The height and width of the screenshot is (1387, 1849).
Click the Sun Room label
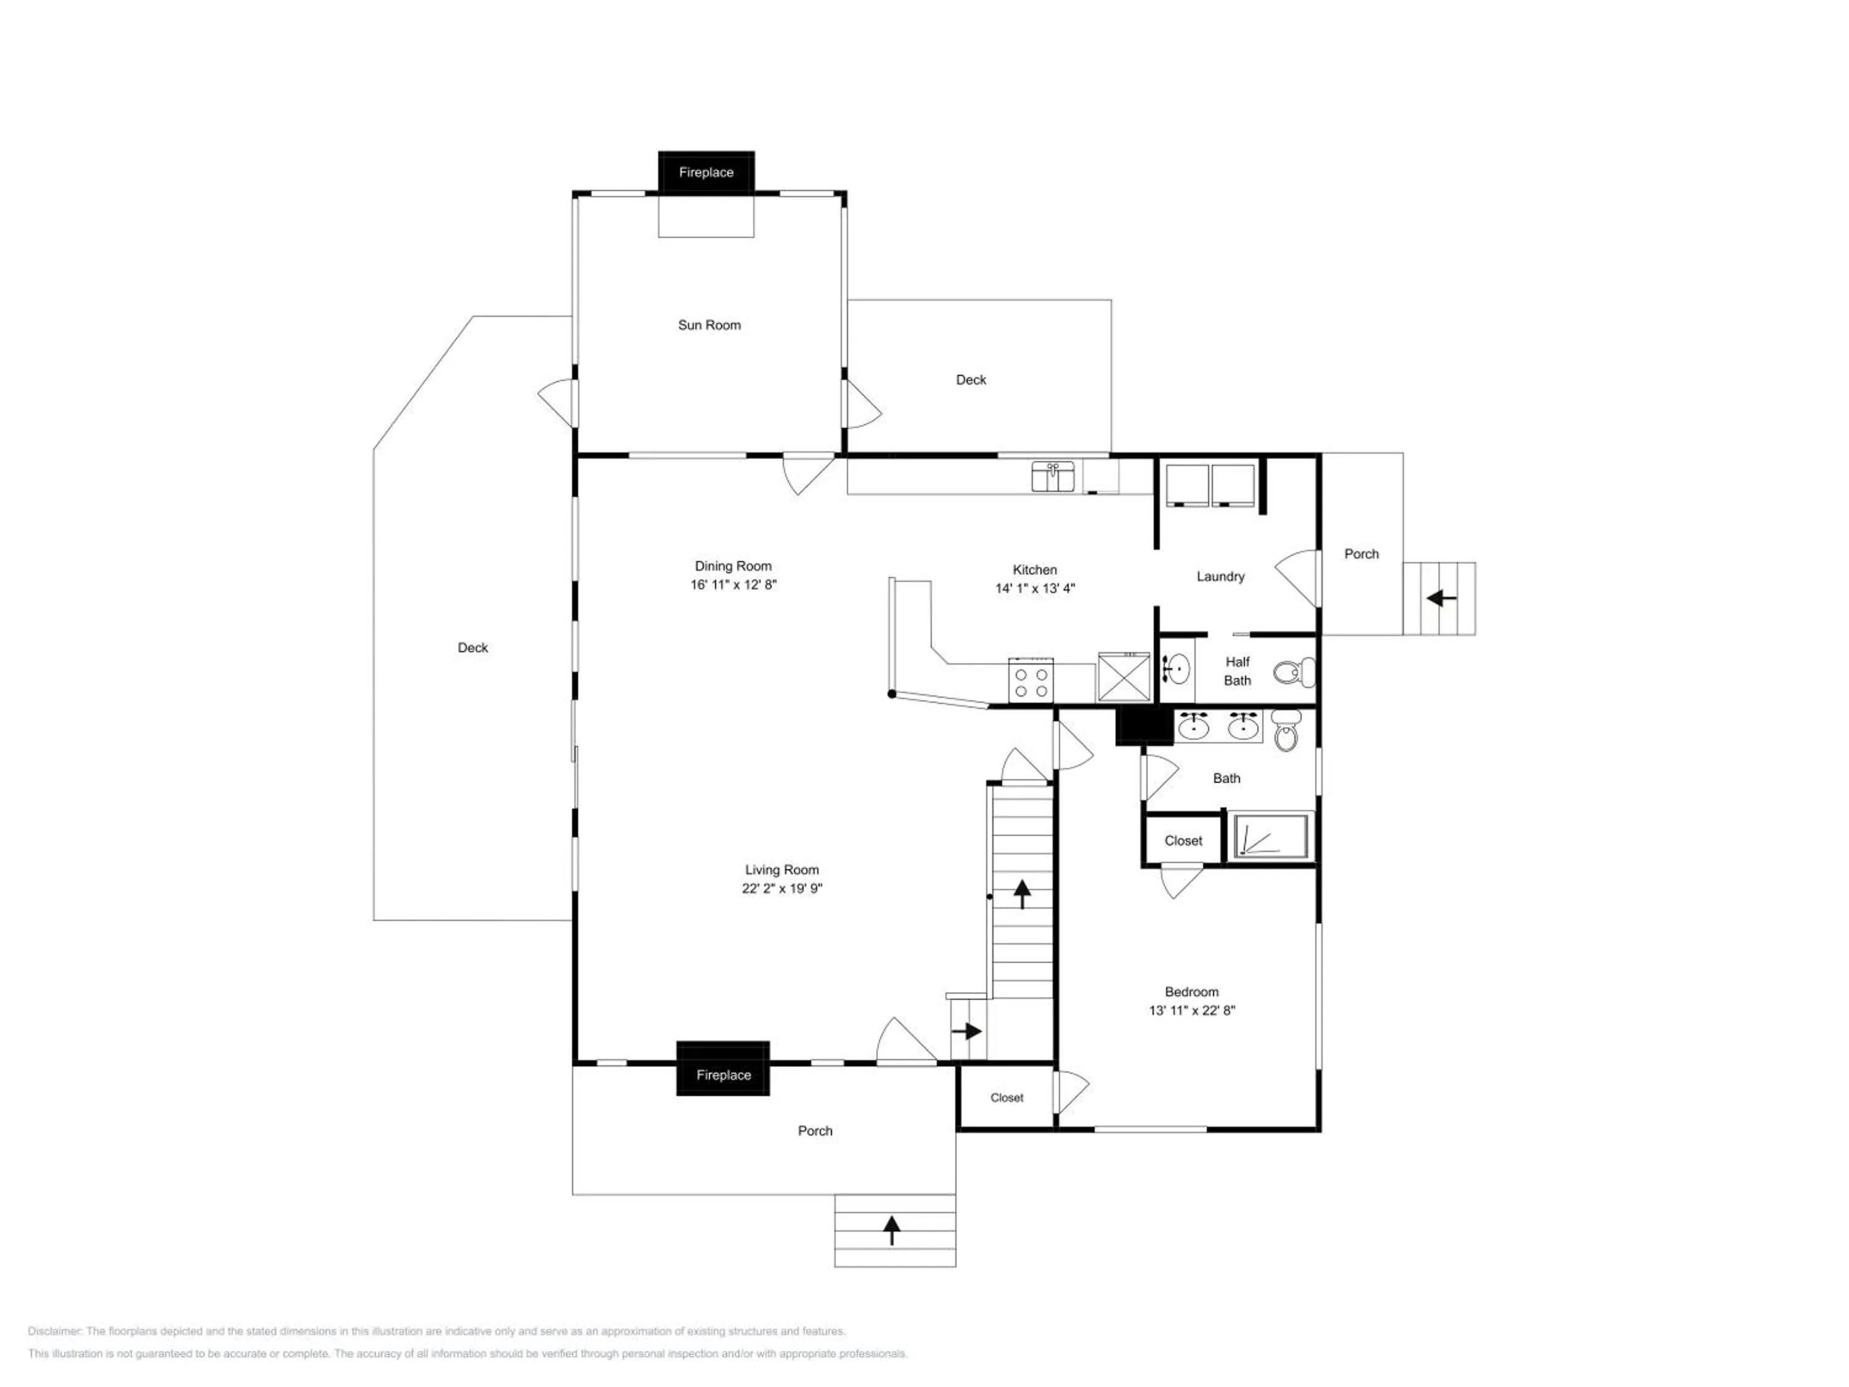(x=709, y=325)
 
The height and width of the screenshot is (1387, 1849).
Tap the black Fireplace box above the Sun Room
(x=706, y=172)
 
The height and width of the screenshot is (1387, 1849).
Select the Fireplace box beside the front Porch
(x=723, y=1068)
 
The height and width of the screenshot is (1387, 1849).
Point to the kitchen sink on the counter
(x=1053, y=477)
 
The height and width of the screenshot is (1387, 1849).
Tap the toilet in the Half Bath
(x=1294, y=671)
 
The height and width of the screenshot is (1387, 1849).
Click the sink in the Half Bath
(x=1176, y=669)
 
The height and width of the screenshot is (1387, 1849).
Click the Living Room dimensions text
(x=782, y=889)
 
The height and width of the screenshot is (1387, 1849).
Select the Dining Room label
(x=733, y=566)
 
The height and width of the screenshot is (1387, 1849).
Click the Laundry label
(x=1220, y=576)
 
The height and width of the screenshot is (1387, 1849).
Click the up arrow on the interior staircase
(x=1021, y=894)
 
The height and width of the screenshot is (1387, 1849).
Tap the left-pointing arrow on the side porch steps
(x=1441, y=599)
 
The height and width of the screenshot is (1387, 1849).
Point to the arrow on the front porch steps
(x=892, y=1230)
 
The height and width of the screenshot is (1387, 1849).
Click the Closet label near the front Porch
(x=1006, y=1098)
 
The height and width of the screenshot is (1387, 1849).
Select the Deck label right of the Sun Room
(x=971, y=380)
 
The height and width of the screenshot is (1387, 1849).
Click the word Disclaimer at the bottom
(x=54, y=1331)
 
